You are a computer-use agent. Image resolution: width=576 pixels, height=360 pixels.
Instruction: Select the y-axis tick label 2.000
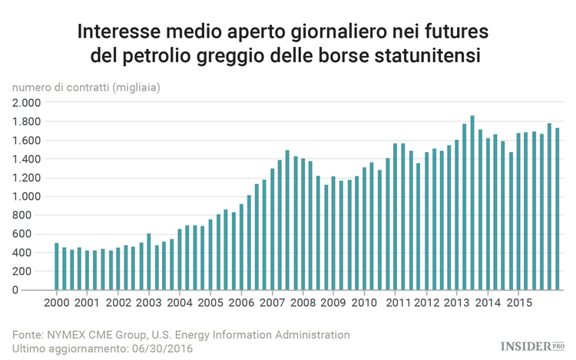coord(26,103)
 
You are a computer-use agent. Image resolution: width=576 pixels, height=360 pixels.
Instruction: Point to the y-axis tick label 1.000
coord(26,197)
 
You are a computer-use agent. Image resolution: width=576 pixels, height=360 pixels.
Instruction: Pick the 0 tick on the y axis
coord(36,290)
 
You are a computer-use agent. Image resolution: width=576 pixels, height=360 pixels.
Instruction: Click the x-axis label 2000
coord(56,302)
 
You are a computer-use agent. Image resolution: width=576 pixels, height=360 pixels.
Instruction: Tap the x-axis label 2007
coord(272,302)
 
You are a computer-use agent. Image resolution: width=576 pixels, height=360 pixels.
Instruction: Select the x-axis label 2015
coord(519,302)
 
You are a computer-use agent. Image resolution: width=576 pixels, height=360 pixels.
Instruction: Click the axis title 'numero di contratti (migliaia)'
coord(86,88)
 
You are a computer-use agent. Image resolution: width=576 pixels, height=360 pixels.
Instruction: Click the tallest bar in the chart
coord(472,203)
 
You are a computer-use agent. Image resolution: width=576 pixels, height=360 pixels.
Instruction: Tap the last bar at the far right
coord(558,209)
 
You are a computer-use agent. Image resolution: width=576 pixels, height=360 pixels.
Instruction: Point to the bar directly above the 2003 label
coord(149,262)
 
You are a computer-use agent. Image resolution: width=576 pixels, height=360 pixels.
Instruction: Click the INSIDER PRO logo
coord(531,347)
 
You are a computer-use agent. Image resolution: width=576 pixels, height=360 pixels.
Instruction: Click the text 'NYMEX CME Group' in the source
coord(93,335)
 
